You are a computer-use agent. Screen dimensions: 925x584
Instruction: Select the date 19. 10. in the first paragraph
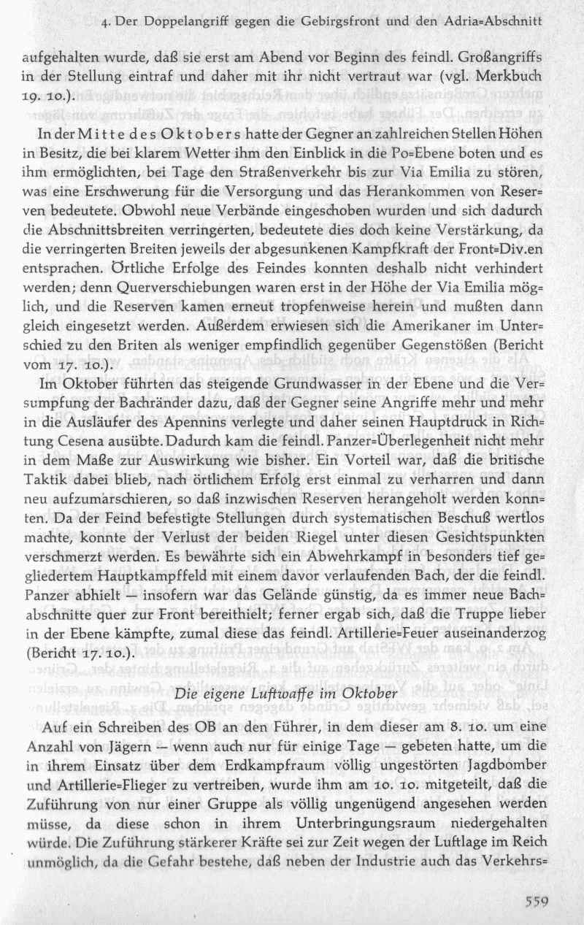pos(42,95)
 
